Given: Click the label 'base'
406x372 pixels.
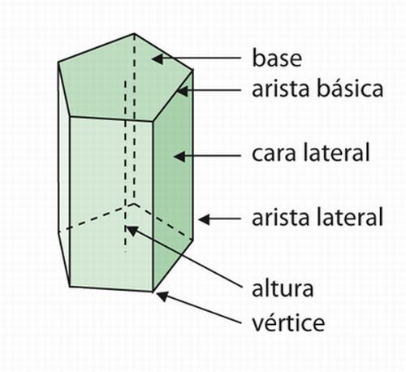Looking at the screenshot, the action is pos(277,58).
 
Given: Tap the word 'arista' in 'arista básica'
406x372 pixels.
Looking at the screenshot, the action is pos(281,89).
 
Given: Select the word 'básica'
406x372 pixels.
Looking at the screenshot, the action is pos(350,88).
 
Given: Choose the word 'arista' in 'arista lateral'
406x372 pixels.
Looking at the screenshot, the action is pos(281,218).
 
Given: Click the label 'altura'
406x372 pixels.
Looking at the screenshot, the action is pos(283,288).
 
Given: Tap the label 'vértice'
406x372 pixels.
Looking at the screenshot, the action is pos(288,322).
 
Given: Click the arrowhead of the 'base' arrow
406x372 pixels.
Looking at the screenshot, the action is pos(157,58).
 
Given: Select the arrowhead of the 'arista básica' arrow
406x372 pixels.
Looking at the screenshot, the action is pos(182,91).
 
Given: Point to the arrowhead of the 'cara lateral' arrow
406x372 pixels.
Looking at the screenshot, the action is pos(179,157).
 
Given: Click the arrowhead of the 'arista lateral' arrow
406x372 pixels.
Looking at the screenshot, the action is pos(204,219).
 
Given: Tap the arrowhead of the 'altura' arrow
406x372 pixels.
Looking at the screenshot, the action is pos(132,231).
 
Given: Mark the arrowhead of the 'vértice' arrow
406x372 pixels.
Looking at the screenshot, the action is pos(162,296).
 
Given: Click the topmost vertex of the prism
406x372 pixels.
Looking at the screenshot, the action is pos(134,33).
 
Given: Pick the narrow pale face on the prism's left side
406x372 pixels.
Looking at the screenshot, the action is pos(64,173).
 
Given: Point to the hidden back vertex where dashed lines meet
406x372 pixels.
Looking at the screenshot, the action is pos(134,203).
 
